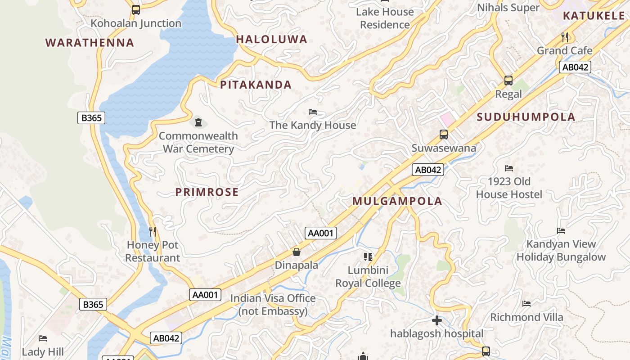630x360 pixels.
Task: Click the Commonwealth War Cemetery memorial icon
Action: click(198, 122)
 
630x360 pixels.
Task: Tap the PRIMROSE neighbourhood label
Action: click(207, 192)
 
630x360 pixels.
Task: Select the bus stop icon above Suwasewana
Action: click(444, 134)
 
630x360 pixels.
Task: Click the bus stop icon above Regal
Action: click(508, 81)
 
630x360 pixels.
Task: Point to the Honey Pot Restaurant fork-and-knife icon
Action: click(153, 232)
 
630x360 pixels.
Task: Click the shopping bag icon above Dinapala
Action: click(297, 252)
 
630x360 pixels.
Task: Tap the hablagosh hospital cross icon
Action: click(436, 320)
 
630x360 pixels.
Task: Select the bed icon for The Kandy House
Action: click(313, 112)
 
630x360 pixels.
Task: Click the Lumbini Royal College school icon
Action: click(368, 257)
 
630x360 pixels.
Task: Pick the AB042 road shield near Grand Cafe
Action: click(575, 67)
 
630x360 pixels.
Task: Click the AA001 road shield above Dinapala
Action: click(321, 233)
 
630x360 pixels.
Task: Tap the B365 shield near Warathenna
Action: click(91, 118)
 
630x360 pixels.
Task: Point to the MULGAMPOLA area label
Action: click(397, 201)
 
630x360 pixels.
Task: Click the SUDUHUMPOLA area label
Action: click(526, 117)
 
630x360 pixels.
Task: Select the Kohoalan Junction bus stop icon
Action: click(136, 10)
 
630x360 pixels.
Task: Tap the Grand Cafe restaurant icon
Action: click(565, 37)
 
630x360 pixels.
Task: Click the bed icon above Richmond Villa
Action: click(526, 304)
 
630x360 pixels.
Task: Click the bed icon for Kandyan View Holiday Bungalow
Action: click(561, 231)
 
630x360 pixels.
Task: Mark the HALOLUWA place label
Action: click(271, 40)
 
